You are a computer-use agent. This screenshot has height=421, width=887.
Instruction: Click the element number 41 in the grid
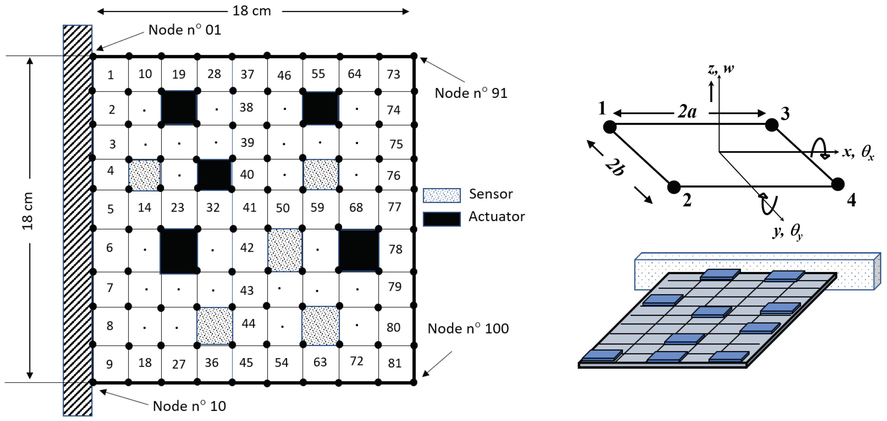point(249,207)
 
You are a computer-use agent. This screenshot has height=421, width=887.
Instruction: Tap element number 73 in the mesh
point(393,74)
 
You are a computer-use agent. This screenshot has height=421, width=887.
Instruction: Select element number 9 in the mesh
point(109,364)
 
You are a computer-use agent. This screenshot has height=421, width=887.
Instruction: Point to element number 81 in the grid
point(395,363)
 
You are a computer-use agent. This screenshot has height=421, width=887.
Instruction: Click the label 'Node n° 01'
point(184,30)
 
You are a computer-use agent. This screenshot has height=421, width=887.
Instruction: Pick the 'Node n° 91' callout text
point(471,93)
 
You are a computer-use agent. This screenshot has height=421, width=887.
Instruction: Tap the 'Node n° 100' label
point(468,328)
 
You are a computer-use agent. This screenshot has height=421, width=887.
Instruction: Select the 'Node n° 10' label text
point(189,406)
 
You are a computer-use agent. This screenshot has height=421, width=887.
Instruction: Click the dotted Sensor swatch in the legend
point(442,195)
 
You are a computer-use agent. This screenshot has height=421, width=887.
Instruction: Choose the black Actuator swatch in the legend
point(442,219)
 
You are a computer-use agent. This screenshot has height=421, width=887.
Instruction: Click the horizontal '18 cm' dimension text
point(252,11)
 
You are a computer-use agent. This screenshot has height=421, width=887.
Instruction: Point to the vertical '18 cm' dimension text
point(28,211)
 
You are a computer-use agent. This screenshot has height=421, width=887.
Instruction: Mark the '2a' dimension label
point(687,111)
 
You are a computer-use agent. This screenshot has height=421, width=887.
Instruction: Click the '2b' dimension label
point(615,167)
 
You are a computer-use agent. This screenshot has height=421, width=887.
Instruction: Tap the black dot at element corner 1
point(610,127)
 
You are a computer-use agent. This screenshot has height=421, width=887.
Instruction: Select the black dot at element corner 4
point(838,184)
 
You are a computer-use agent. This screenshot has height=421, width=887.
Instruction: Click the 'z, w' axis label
point(721,68)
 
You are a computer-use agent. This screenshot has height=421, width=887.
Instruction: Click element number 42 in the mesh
point(247,248)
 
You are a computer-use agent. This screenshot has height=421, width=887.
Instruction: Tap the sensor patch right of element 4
point(145,175)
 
